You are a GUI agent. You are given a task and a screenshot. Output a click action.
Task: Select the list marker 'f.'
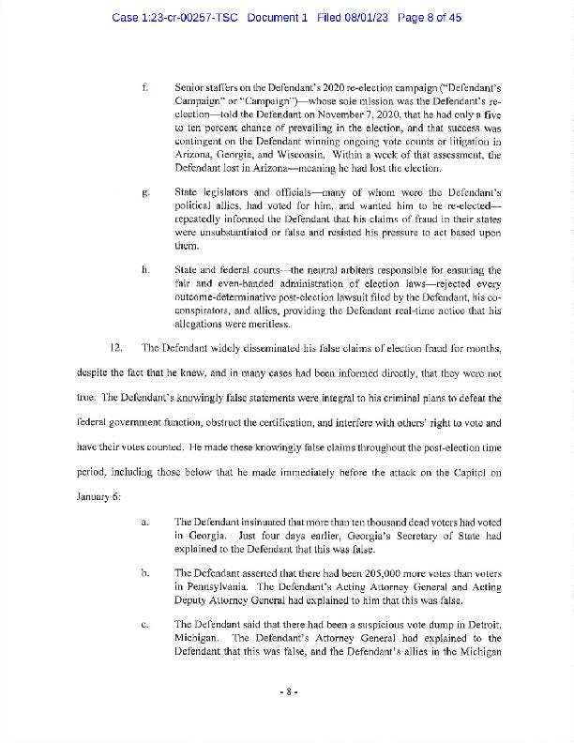[145, 86]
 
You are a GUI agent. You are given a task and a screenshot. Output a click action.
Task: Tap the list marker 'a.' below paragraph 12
[145, 520]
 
